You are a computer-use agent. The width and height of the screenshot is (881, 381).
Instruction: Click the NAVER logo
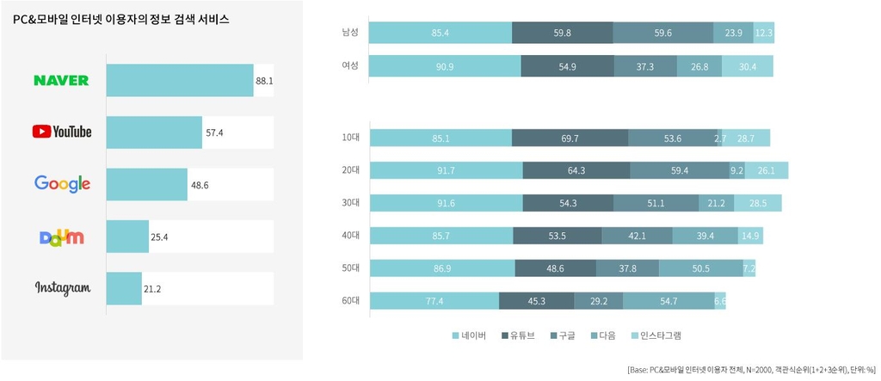(61, 80)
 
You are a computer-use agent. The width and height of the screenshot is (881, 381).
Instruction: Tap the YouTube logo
(61, 132)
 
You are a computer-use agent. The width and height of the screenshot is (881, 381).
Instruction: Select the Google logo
(62, 183)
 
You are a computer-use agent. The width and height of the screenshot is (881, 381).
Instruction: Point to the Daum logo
(62, 237)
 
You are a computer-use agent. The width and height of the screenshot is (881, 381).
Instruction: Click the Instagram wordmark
(62, 288)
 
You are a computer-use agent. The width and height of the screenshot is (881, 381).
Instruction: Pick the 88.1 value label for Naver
(264, 80)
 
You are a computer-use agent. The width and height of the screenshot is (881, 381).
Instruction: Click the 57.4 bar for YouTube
(154, 132)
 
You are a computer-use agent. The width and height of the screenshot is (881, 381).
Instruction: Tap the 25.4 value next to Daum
(159, 237)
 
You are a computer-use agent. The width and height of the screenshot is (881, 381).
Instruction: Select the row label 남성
(350, 33)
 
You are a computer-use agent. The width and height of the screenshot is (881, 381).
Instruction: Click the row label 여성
(350, 66)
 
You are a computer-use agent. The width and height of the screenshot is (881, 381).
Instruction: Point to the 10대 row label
(350, 138)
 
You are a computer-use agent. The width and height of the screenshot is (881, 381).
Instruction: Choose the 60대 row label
(350, 301)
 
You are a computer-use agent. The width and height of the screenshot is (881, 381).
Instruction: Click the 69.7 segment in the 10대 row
(570, 138)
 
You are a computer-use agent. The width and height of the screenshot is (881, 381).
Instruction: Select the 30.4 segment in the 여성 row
(747, 66)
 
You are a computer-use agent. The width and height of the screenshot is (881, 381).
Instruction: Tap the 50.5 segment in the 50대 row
(700, 268)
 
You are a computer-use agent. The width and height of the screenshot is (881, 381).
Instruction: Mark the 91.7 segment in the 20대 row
(446, 170)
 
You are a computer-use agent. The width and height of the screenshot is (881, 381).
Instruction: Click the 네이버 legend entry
(470, 335)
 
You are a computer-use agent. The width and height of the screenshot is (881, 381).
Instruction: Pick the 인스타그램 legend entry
(662, 335)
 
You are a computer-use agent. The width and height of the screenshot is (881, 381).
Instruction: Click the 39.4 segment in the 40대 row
(705, 236)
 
